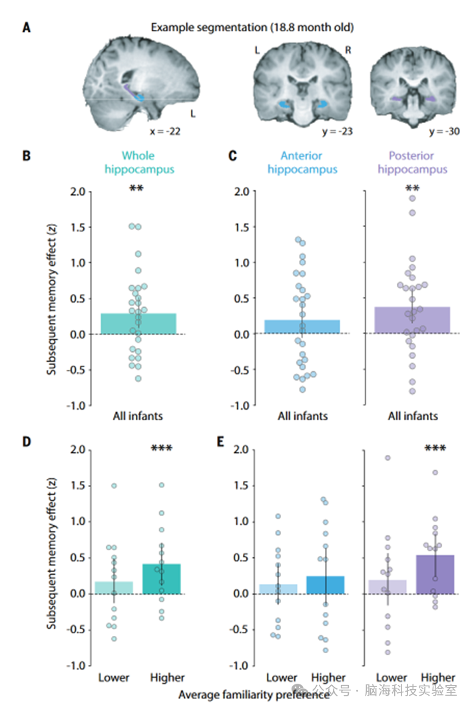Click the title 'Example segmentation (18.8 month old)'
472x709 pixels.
[x=252, y=27]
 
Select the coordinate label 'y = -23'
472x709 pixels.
[x=336, y=131]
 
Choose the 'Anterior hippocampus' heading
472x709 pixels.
[x=301, y=163]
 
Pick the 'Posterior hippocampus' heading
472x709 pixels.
[x=412, y=163]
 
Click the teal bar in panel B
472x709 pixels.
[x=138, y=323]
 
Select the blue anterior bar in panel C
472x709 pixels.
[x=302, y=327]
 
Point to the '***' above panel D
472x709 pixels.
[x=162, y=450]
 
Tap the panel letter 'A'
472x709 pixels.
[x=26, y=28]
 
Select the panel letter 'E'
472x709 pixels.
[x=222, y=442]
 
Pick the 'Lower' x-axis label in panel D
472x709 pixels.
[x=114, y=678]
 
